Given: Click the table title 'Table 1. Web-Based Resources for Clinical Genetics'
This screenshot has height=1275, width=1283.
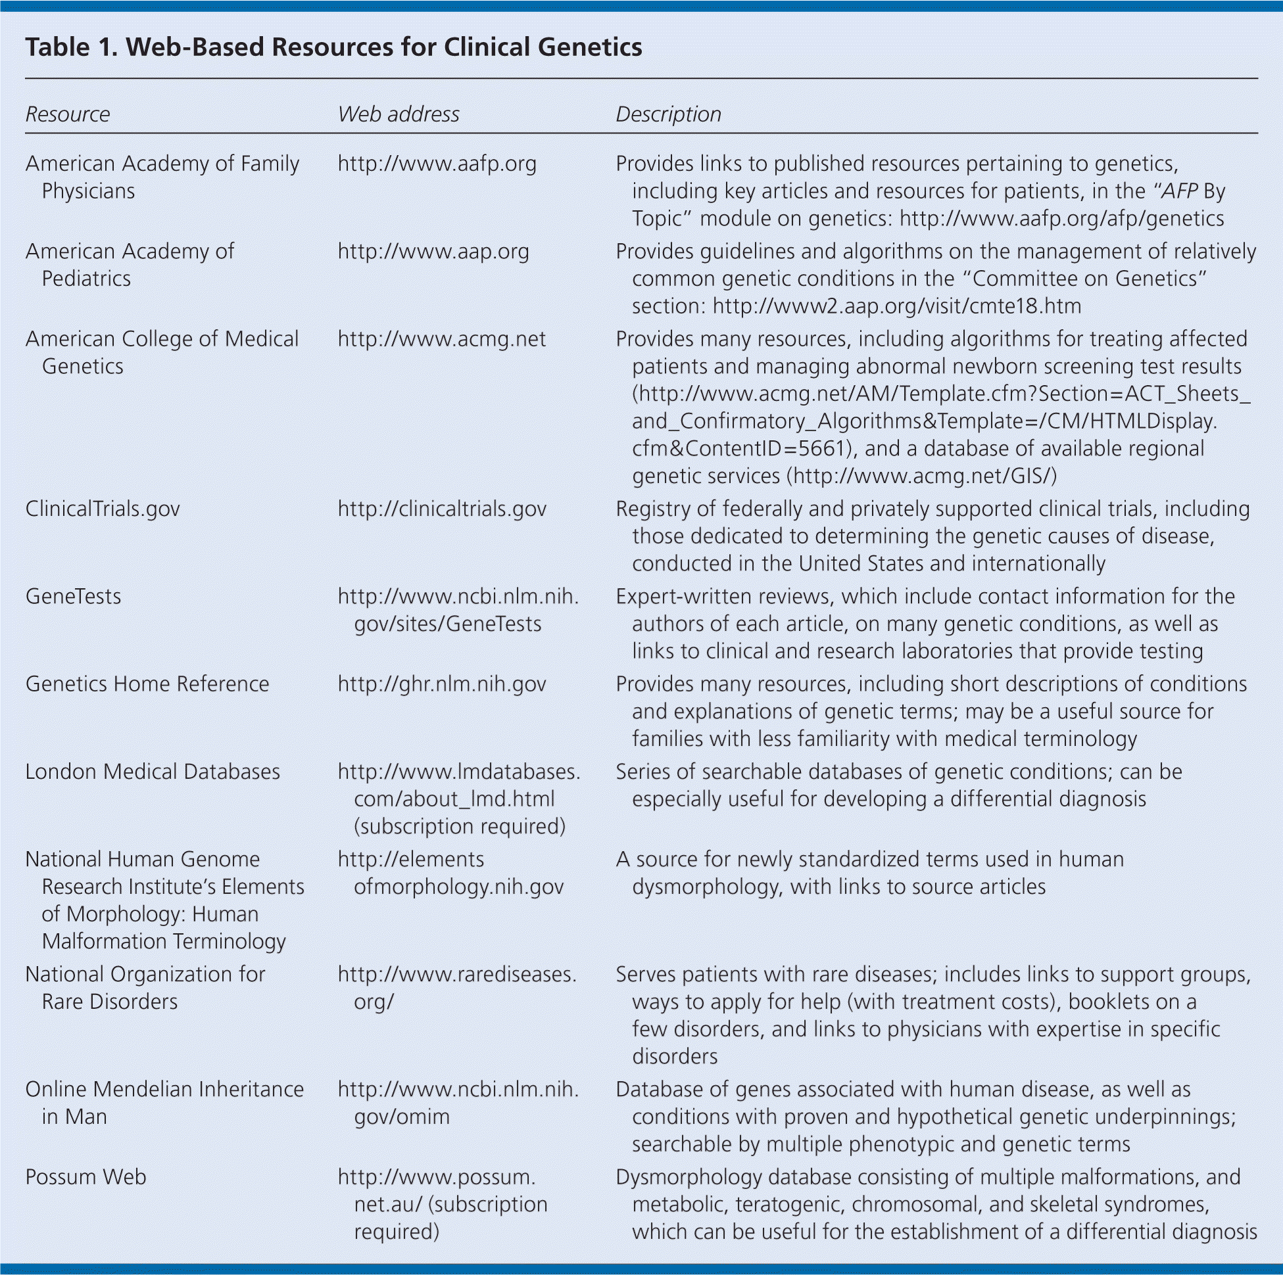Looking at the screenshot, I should coord(333,47).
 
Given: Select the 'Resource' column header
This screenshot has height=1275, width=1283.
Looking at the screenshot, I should coord(68,114).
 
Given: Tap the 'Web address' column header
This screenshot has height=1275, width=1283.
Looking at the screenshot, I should coord(399,114).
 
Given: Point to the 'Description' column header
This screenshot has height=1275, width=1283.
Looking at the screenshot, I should coord(668,114).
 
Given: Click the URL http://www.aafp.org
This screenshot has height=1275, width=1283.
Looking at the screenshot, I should coord(437,164).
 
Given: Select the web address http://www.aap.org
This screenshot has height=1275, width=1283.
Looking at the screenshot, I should coord(433,252).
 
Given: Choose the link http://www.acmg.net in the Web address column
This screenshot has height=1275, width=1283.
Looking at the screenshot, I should coord(442,339).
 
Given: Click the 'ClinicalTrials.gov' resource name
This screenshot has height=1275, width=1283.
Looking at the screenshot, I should coord(103,509).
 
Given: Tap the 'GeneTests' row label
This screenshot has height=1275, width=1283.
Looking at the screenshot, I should coord(74,597).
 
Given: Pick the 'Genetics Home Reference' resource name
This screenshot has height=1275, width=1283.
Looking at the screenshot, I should coord(147,684).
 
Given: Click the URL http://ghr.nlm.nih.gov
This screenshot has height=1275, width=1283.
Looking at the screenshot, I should coord(442,684).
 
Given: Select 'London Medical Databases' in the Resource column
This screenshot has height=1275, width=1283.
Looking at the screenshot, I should coord(153,772).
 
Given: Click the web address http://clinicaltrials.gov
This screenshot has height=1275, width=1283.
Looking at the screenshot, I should coord(442,509).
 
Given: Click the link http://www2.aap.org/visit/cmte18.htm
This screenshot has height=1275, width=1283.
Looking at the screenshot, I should coord(896,306).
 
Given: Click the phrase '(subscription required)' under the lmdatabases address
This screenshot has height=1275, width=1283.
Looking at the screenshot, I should coord(460,826).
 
